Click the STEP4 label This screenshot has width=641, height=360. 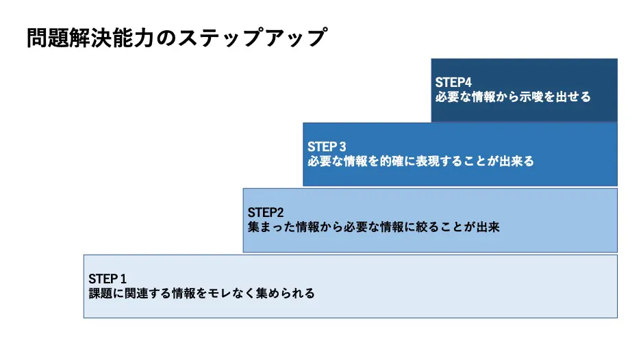point(453,83)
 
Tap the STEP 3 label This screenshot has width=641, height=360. point(327,146)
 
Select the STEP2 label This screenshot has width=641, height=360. point(266,212)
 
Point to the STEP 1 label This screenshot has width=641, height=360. point(108,279)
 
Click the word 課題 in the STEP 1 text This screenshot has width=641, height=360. point(101,294)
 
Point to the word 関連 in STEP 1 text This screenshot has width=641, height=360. point(136,294)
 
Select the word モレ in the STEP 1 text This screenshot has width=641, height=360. point(221,294)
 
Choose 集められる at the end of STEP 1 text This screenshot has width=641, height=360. point(286,294)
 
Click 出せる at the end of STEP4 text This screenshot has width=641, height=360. point(573,97)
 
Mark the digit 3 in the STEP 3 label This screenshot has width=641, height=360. point(342,146)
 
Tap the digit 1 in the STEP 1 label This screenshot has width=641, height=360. point(123,279)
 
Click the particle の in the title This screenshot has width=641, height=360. point(166,38)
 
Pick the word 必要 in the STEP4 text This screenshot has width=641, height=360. point(447,97)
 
